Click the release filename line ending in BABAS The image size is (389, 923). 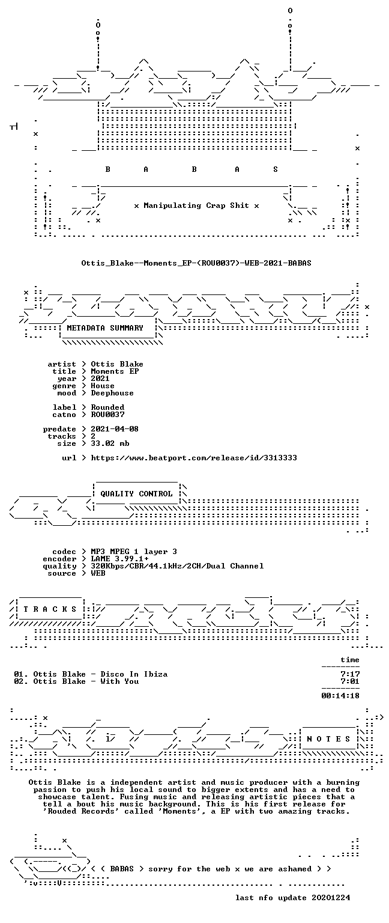pyautogui.click(x=196, y=263)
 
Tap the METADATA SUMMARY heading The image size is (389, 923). pyautogui.click(x=105, y=328)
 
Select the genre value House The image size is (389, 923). pyautogui.click(x=103, y=386)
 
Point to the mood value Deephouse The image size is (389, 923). pyautogui.click(x=112, y=393)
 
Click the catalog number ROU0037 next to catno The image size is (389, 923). pyautogui.click(x=107, y=415)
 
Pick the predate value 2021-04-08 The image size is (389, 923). pyautogui.click(x=115, y=429)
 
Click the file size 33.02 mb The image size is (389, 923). pyautogui.click(x=110, y=443)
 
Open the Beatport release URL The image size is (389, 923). pyautogui.click(x=193, y=458)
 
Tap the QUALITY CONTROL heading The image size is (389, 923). pyautogui.click(x=136, y=493)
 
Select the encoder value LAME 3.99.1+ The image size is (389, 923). pyautogui.click(x=119, y=559)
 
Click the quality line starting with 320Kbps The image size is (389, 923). pyautogui.click(x=177, y=566)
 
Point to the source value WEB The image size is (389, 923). pyautogui.click(x=98, y=573)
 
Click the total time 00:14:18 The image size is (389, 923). pyautogui.click(x=340, y=696)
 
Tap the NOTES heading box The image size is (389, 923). pyautogui.click(x=328, y=739)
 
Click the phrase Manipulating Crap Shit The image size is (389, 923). pyautogui.click(x=196, y=206)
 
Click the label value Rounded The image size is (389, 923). pyautogui.click(x=107, y=407)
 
